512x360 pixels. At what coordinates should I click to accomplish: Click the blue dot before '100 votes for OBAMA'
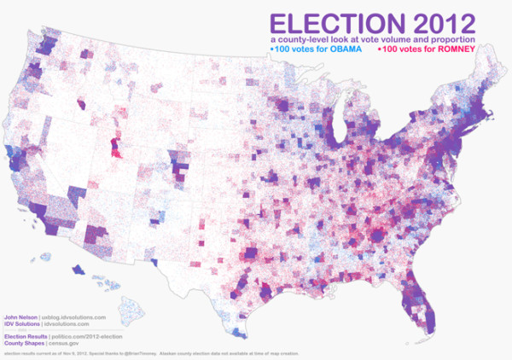[x=271, y=49]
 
